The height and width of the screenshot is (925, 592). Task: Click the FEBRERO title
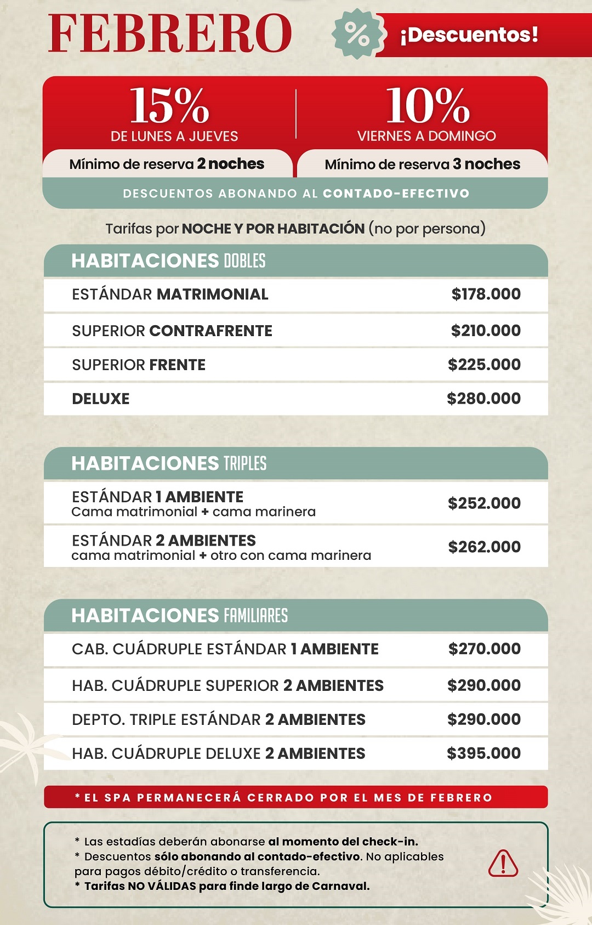(x=170, y=34)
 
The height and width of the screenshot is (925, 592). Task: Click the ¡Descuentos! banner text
(x=469, y=35)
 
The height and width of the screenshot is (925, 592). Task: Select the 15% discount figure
(x=170, y=106)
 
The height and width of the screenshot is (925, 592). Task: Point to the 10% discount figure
(x=428, y=106)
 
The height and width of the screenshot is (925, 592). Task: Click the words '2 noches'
(x=231, y=164)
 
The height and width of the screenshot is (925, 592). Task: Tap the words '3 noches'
(x=487, y=164)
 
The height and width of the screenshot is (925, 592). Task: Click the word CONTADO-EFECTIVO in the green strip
(x=396, y=194)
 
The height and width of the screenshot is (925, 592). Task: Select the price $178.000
(x=486, y=294)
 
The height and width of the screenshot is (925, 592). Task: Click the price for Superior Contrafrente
(x=486, y=331)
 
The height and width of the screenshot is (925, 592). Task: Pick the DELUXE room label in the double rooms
(x=101, y=399)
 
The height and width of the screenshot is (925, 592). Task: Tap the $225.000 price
(x=485, y=365)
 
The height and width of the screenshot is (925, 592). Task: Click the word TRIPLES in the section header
(x=245, y=463)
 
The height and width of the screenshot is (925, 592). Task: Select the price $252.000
(x=485, y=503)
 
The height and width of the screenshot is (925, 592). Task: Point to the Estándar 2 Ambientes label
(x=164, y=541)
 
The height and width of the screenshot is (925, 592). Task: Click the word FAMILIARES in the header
(x=255, y=616)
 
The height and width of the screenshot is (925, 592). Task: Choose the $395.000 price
(x=484, y=753)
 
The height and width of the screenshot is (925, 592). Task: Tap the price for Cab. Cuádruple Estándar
(x=485, y=649)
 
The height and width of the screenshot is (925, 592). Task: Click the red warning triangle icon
(x=503, y=863)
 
